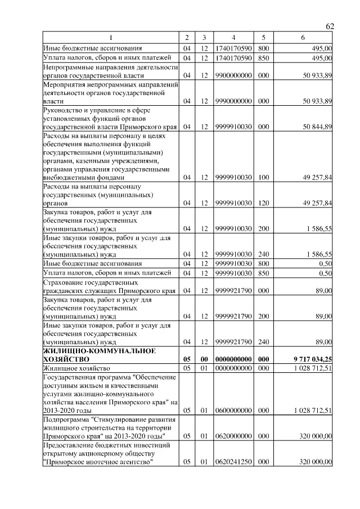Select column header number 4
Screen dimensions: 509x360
tap(232, 38)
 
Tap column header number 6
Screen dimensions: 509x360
tap(303, 38)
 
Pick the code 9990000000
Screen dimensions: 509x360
tap(232, 101)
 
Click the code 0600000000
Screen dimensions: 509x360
tap(232, 411)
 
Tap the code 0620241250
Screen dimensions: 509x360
tap(232, 462)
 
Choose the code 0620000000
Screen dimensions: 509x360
tap(232, 436)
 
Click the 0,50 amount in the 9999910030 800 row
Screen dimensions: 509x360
tap(326, 263)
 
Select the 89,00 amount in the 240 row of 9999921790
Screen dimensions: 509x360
tap(323, 341)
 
